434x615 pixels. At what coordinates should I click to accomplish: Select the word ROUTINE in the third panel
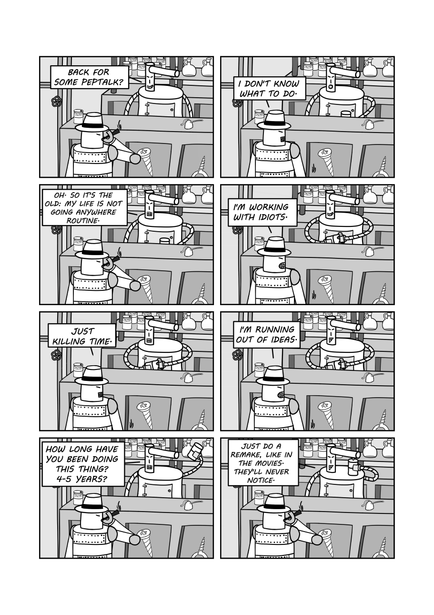[82, 220]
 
